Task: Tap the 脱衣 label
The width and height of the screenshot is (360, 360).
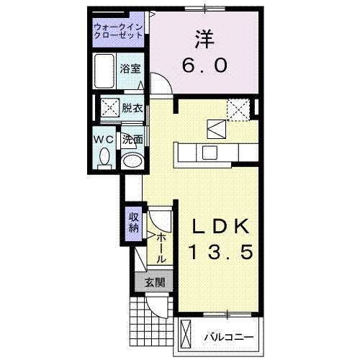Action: [x=132, y=109]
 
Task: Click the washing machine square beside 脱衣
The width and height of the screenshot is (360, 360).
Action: [x=110, y=109]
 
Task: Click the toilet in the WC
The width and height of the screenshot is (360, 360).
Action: [x=105, y=156]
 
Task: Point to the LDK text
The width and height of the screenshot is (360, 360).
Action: [x=222, y=228]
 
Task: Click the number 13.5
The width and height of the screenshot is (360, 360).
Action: [x=222, y=253]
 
